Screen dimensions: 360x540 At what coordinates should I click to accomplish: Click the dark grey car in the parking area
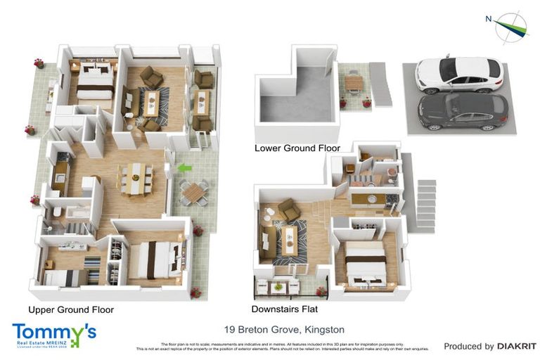point(462,111)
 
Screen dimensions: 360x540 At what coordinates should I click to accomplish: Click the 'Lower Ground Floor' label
point(297,148)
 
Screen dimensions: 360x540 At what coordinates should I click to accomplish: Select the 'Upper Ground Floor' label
point(71,309)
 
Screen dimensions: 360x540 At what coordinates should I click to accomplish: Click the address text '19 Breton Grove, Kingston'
point(284,329)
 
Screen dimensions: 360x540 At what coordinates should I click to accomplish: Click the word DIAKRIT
point(517,346)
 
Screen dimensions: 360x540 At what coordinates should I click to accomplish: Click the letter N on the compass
point(488,19)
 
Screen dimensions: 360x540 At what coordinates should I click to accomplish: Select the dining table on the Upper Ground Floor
point(136,177)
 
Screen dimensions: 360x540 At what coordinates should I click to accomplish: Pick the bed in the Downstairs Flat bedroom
point(364,263)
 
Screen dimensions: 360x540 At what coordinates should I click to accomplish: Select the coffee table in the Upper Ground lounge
point(150,103)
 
